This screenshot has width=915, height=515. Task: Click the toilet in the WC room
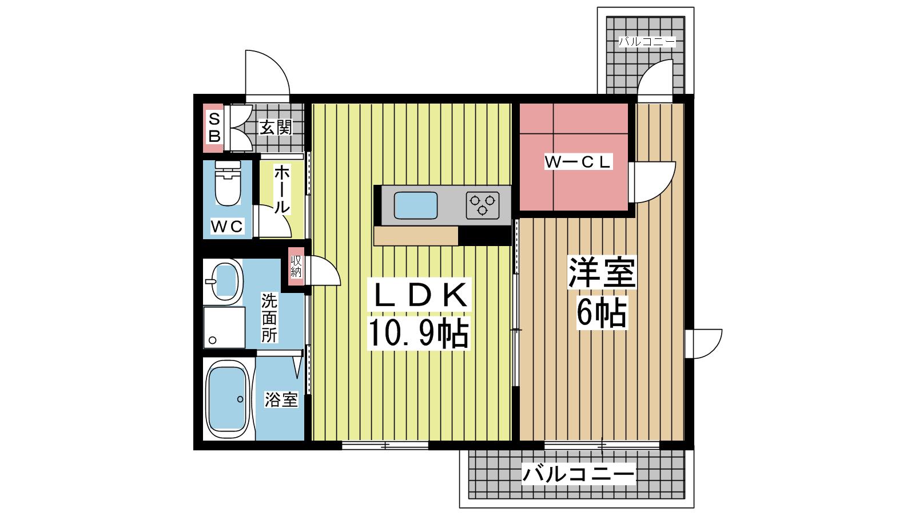pyautogui.click(x=228, y=183)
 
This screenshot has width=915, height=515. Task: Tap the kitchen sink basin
pyautogui.click(x=415, y=205)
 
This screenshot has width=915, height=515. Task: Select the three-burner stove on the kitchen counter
pyautogui.click(x=483, y=205)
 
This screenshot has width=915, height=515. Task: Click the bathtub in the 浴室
pyautogui.click(x=228, y=399)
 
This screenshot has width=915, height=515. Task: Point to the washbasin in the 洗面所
pyautogui.click(x=224, y=282)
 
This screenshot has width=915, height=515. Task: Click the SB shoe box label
pyautogui.click(x=214, y=128)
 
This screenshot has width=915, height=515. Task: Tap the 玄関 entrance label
pyautogui.click(x=276, y=128)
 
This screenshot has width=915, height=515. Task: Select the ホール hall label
pyautogui.click(x=282, y=189)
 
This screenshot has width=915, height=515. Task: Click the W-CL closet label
pyautogui.click(x=578, y=162)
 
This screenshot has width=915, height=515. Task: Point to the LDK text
pyautogui.click(x=420, y=295)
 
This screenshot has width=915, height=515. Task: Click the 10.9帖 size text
pyautogui.click(x=418, y=333)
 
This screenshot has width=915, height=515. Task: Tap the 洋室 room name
pyautogui.click(x=602, y=272)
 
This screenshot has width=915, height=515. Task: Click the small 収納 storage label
pyautogui.click(x=296, y=267)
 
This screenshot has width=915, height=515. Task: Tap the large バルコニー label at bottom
pyautogui.click(x=578, y=474)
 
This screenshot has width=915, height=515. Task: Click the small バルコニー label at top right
pyautogui.click(x=647, y=42)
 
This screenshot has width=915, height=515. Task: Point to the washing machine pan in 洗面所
pyautogui.click(x=224, y=327)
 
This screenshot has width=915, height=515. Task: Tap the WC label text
pyautogui.click(x=226, y=226)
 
